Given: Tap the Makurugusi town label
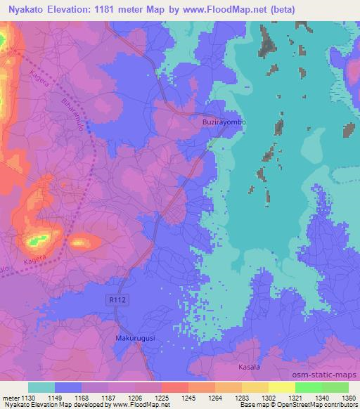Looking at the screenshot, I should pos(134,339).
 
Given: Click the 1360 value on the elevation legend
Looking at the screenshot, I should pos(348,397).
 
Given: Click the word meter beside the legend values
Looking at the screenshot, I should pos(9,397).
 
